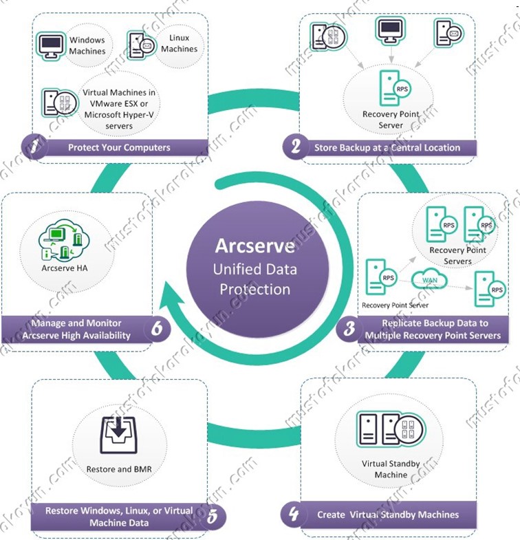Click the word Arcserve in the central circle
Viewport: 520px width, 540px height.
coord(254,246)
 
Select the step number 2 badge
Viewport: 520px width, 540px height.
coord(296,147)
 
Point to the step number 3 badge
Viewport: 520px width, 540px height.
coord(349,328)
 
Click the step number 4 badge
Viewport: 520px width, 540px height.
coord(294,514)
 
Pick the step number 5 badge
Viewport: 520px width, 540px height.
coord(213,516)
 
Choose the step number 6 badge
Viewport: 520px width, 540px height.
coord(157,328)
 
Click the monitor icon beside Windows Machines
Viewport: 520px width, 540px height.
coord(51,47)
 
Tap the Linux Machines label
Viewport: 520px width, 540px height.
coord(179,43)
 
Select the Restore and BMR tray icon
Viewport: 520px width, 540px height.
coord(119,435)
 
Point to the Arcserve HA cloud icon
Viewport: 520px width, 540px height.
coord(64,239)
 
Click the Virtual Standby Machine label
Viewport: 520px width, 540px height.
coord(391,469)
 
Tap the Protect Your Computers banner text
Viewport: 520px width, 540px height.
coord(119,147)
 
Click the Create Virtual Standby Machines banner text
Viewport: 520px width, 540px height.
coord(388,515)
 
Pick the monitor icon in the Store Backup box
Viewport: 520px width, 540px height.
coord(390,31)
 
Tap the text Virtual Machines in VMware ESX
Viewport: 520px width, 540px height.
coord(119,98)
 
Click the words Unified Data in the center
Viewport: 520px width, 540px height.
coord(254,269)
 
